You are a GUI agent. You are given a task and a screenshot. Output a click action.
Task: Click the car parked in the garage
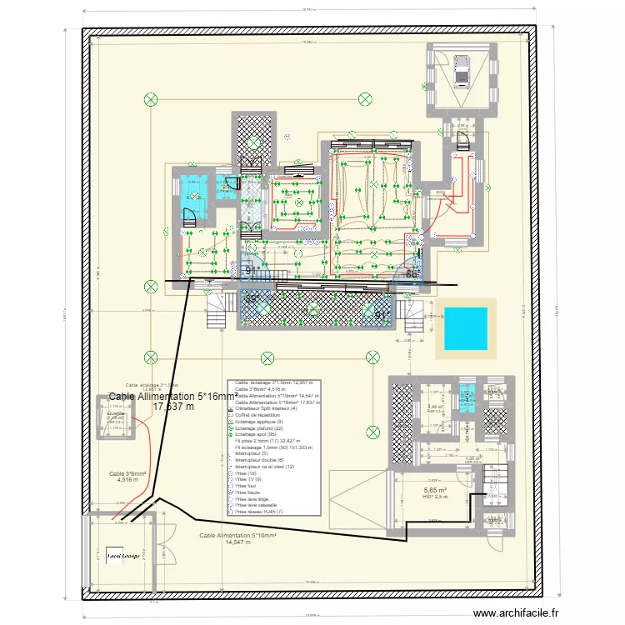[x=460, y=70]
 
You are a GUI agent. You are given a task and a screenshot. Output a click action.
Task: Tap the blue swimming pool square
[x=465, y=327]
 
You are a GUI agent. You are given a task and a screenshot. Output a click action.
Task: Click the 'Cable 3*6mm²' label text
[x=127, y=473]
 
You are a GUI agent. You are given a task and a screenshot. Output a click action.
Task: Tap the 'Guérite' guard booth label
[x=116, y=413]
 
